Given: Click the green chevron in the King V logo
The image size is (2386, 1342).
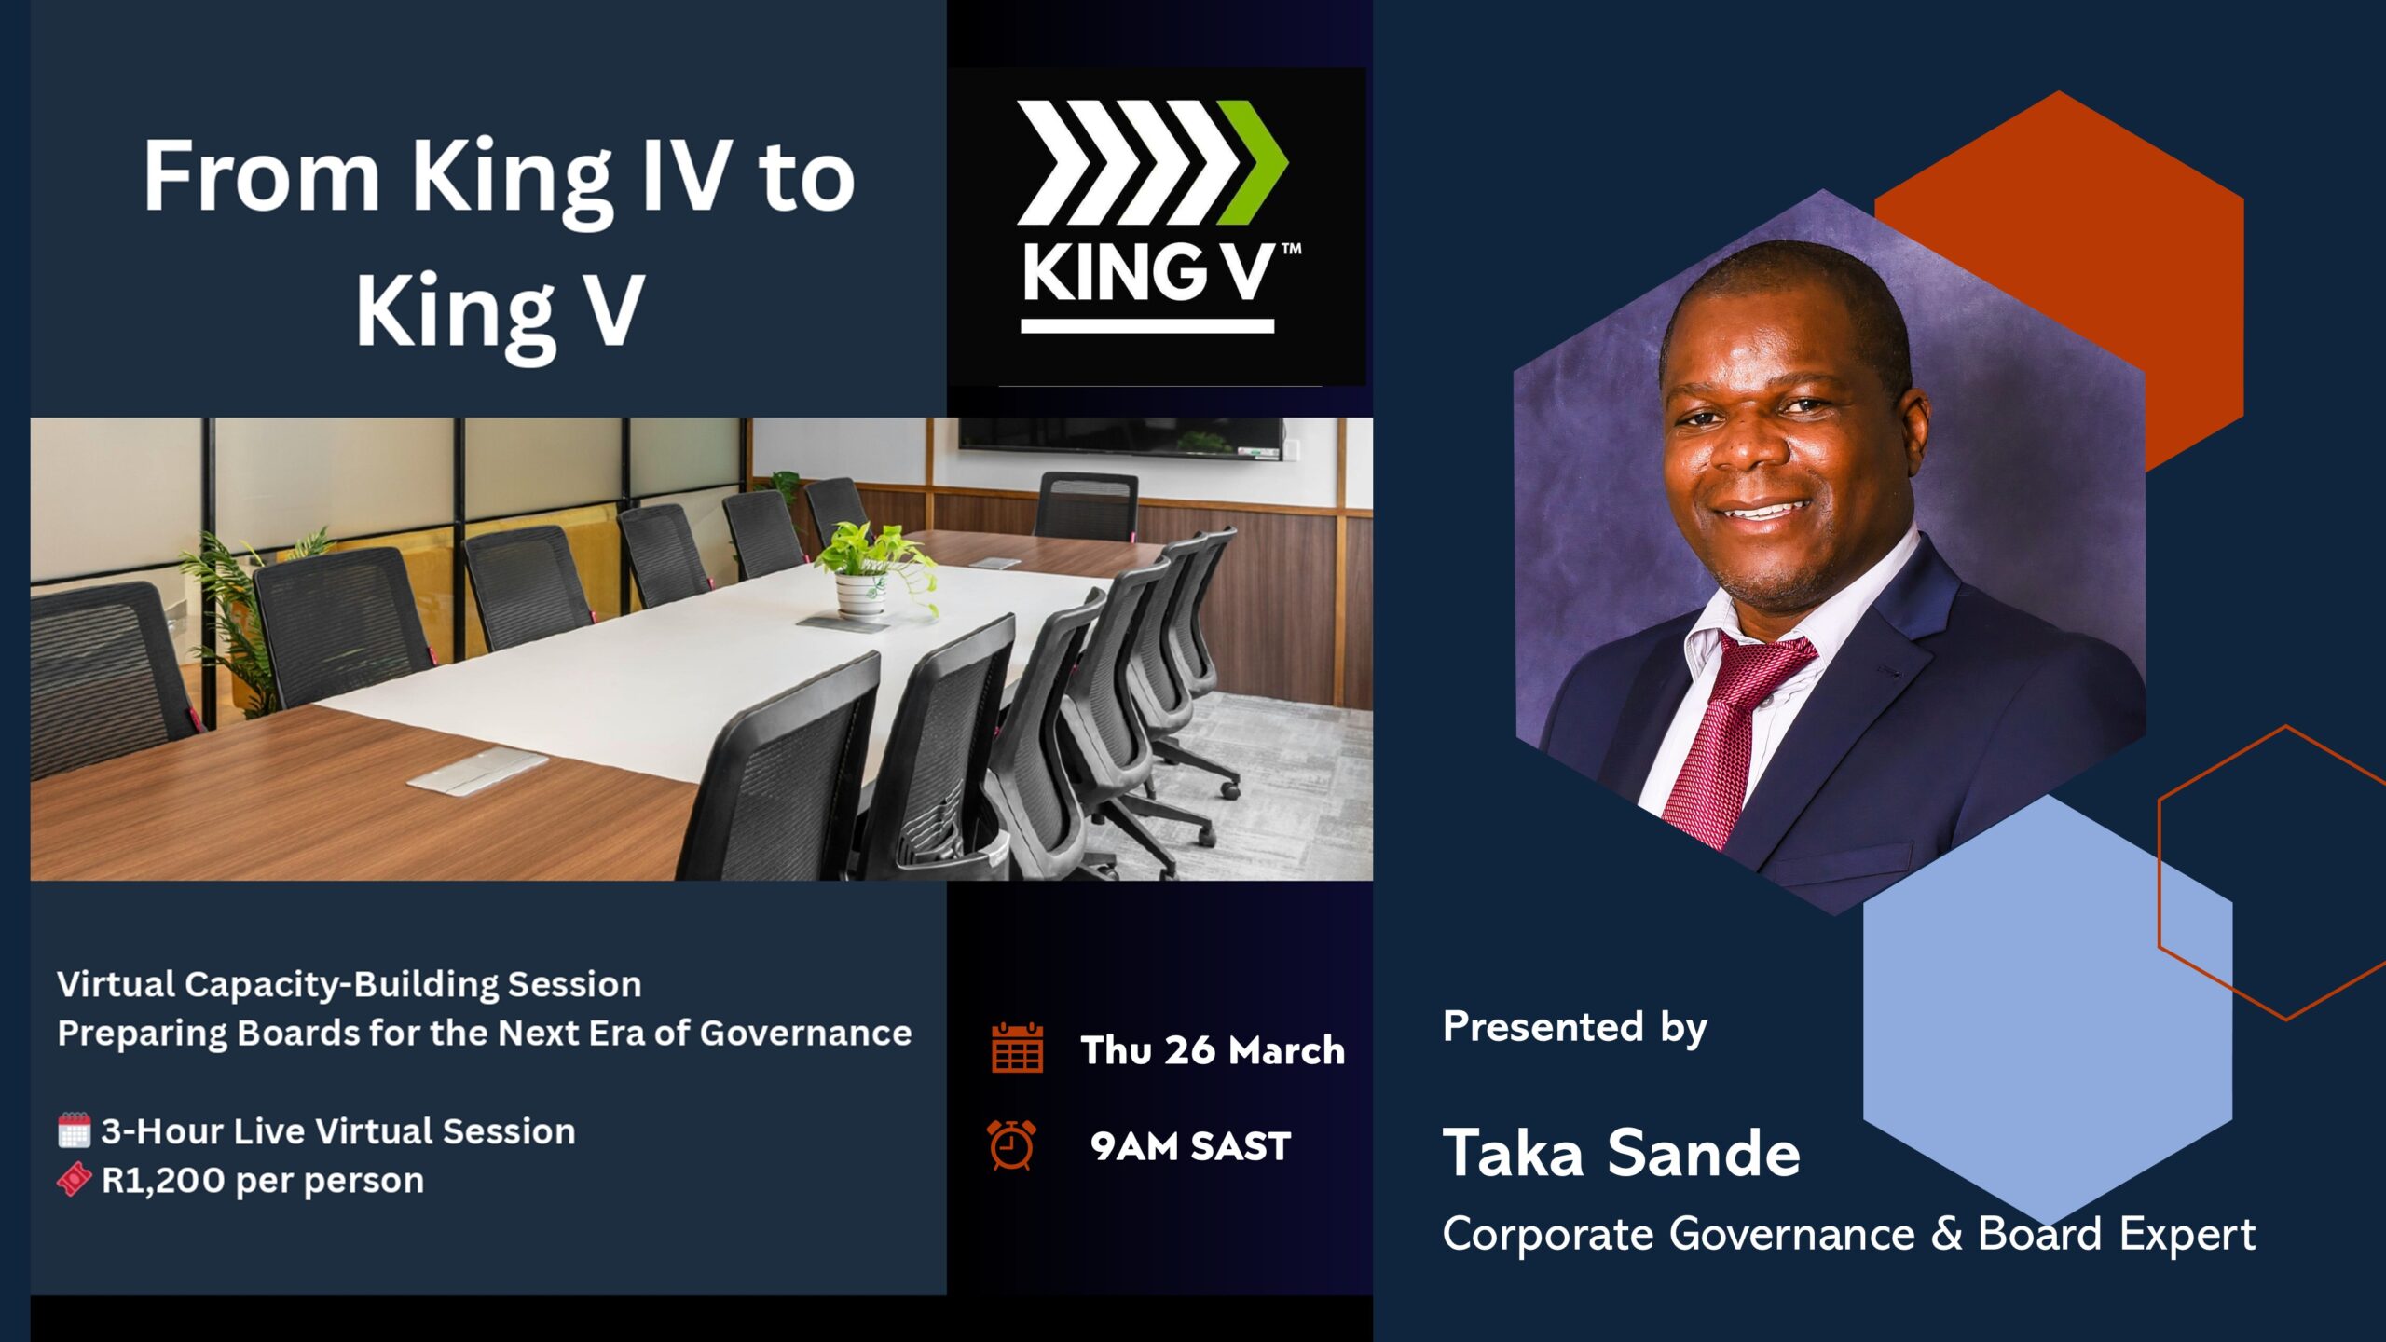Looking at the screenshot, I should [1254, 163].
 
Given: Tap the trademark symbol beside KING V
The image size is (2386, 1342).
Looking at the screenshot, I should [1292, 250].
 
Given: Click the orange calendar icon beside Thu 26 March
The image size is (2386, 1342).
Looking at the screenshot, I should [1017, 1048].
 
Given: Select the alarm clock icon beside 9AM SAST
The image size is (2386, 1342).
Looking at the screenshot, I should [1011, 1144].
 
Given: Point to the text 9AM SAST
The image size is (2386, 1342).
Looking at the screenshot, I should [1190, 1146].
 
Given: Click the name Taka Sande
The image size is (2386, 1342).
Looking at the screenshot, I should [1621, 1154].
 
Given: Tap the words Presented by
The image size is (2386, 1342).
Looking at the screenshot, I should [1574, 1027].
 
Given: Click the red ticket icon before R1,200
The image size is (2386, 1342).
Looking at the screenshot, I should [74, 1180].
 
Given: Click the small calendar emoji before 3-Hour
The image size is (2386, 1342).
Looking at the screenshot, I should [74, 1130].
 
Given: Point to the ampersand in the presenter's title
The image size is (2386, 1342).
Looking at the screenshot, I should [1946, 1234].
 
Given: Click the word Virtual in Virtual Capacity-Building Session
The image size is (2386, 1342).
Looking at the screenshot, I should [116, 984].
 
